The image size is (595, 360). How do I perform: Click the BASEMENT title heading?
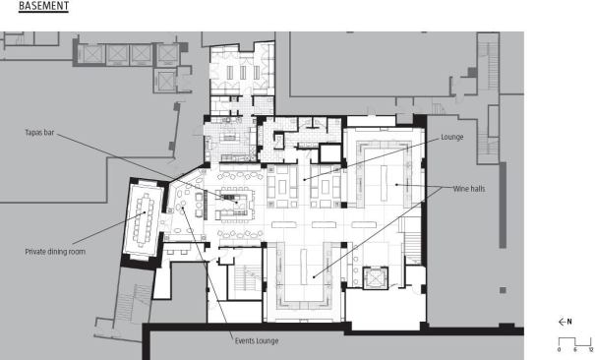tap(43, 6)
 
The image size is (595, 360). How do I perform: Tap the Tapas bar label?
tap(39, 133)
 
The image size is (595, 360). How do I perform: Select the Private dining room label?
tap(55, 252)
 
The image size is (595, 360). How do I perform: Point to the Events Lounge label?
tap(257, 340)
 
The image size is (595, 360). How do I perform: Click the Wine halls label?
tap(469, 189)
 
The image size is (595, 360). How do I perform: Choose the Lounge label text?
tap(452, 137)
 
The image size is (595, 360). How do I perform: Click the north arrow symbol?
tap(562, 322)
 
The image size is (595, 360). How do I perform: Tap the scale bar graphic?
tap(575, 340)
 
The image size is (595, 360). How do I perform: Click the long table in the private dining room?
tap(142, 218)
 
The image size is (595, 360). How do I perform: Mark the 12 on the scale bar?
tap(591, 349)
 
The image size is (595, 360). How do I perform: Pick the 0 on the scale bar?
tap(559, 349)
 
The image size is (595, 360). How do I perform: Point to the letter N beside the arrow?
tap(569, 322)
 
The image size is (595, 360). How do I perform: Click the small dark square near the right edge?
tap(503, 290)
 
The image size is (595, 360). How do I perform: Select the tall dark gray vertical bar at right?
tap(503, 206)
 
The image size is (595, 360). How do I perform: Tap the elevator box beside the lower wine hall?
tap(375, 278)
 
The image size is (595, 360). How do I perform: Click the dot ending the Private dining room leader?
tap(145, 212)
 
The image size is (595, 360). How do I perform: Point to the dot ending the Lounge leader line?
tap(304, 179)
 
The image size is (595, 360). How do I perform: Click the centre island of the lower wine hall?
tap(303, 267)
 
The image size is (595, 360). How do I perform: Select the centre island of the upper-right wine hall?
tap(384, 183)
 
